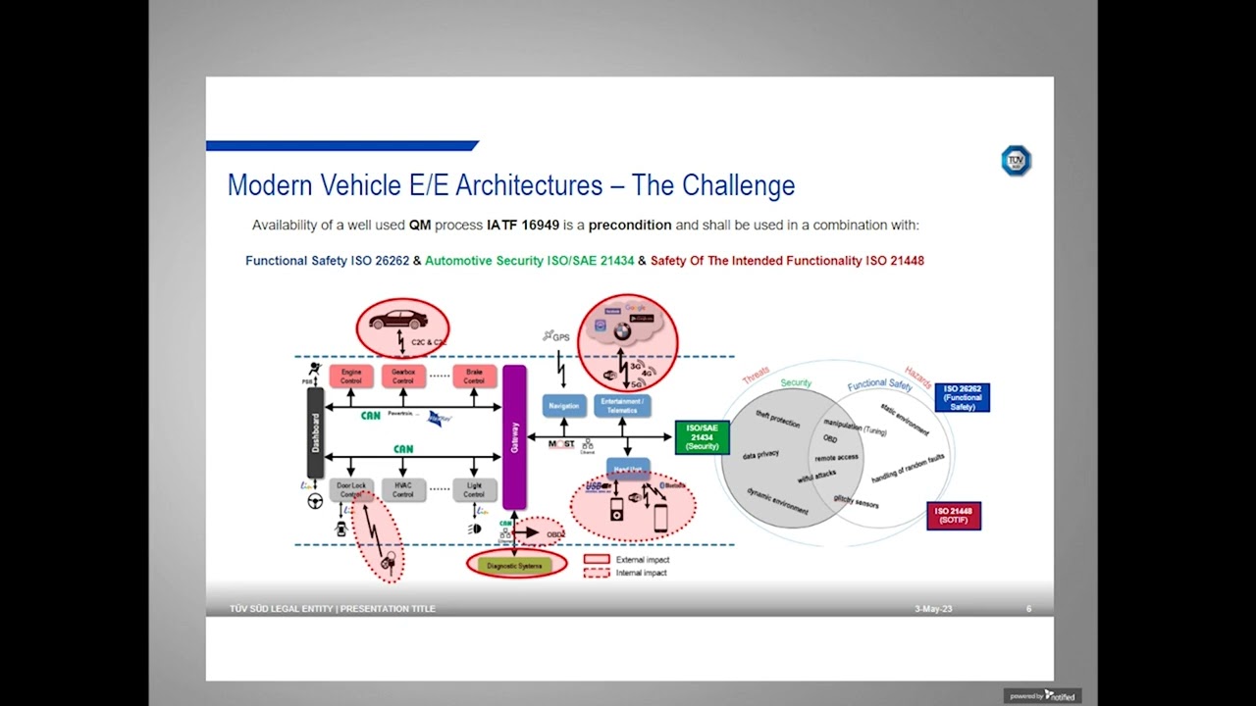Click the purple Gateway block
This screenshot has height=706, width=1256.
point(514,437)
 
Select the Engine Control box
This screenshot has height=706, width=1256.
point(351,377)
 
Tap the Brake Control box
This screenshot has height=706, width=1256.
point(474,377)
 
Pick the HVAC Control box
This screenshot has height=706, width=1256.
point(403,489)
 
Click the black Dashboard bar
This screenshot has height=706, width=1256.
point(315,432)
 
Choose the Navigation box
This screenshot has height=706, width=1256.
point(564,405)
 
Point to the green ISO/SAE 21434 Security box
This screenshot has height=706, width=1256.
point(703,437)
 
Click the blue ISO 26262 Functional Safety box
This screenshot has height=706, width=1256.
point(962,397)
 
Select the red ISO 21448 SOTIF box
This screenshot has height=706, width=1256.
point(953,516)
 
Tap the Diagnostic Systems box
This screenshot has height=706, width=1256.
point(515,565)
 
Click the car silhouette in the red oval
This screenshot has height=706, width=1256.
point(398,320)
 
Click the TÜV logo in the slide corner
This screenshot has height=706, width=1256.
point(1016,161)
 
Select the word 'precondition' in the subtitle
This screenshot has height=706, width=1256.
point(630,225)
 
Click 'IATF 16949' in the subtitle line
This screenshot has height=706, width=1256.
point(523,225)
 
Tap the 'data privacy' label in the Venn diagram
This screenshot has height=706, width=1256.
point(760,455)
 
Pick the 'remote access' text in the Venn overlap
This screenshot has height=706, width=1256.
point(836,457)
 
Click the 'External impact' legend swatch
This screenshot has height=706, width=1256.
point(597,559)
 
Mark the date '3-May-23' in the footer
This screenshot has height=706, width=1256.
point(933,609)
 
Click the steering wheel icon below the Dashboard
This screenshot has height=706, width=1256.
point(315,501)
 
